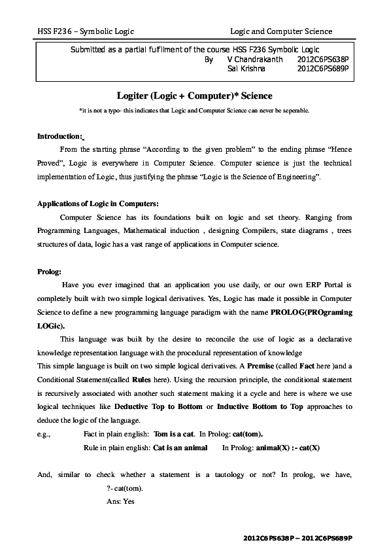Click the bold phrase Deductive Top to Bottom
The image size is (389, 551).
(163, 406)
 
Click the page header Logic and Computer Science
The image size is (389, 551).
(281, 31)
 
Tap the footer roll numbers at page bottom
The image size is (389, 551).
(297, 537)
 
